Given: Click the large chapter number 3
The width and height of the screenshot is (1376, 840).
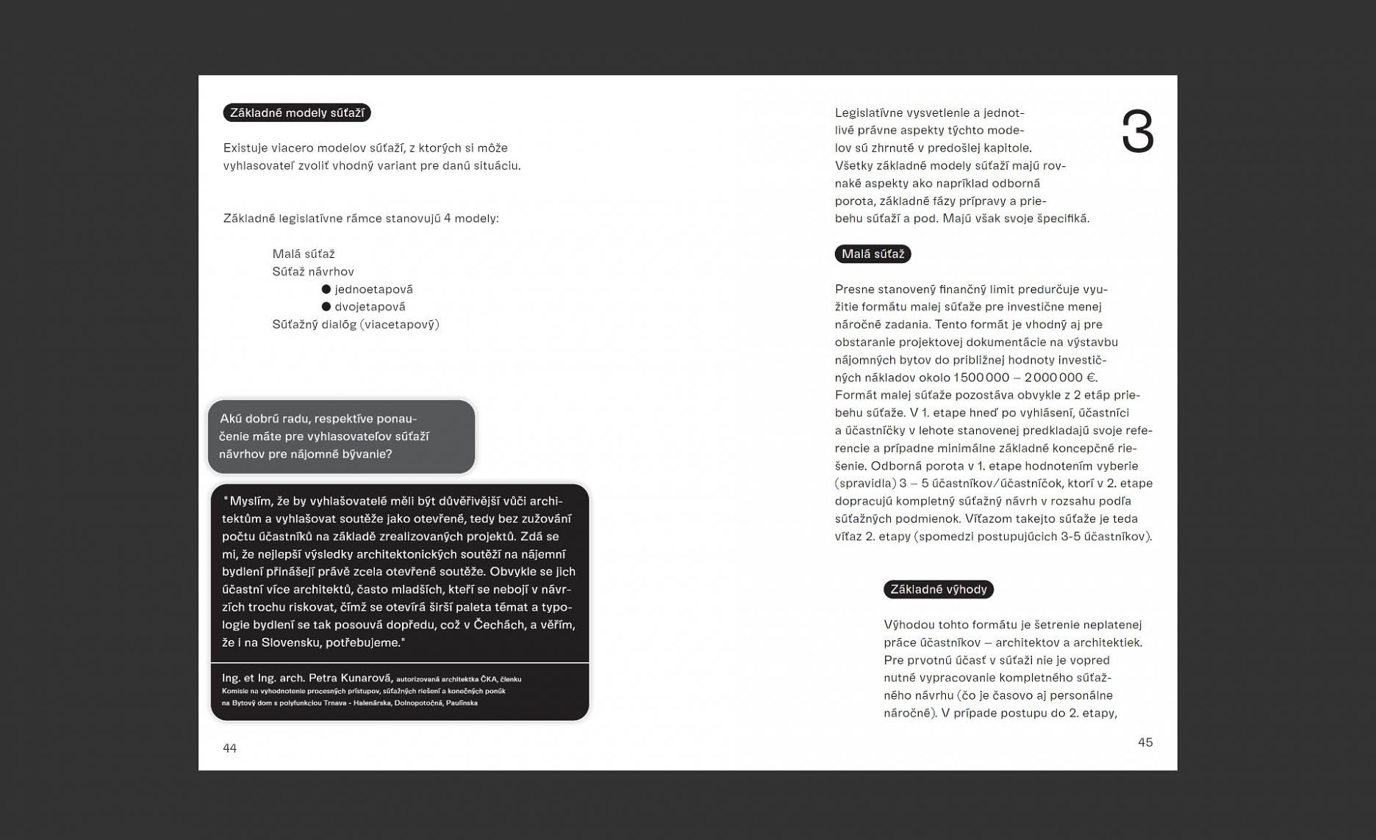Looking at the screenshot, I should pyautogui.click(x=1137, y=132).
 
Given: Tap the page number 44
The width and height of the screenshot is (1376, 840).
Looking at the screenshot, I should pyautogui.click(x=229, y=748).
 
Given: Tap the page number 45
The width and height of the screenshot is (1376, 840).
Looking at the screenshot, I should pyautogui.click(x=1144, y=742).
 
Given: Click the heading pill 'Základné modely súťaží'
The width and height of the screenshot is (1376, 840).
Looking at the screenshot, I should pyautogui.click(x=297, y=112).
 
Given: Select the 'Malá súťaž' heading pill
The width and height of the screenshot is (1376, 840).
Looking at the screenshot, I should pyautogui.click(x=872, y=254).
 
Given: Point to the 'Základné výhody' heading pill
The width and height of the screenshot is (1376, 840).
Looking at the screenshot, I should pyautogui.click(x=938, y=589).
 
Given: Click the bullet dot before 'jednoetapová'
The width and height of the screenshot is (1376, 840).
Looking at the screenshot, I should pyautogui.click(x=326, y=289).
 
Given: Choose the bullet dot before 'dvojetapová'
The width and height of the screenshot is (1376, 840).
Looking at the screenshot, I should pyautogui.click(x=326, y=306).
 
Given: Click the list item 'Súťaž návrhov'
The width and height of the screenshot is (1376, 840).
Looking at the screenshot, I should pyautogui.click(x=313, y=271).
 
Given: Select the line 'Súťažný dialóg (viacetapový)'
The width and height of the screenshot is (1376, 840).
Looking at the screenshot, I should pyautogui.click(x=356, y=324).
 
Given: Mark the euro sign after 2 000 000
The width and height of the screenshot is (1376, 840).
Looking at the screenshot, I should pyautogui.click(x=1091, y=378).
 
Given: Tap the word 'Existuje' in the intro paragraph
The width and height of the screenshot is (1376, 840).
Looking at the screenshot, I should pyautogui.click(x=246, y=148).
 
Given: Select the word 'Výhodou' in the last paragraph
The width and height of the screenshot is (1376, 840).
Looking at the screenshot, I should pyautogui.click(x=909, y=625).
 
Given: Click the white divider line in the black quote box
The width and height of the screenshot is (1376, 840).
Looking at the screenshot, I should pyautogui.click(x=400, y=663).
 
